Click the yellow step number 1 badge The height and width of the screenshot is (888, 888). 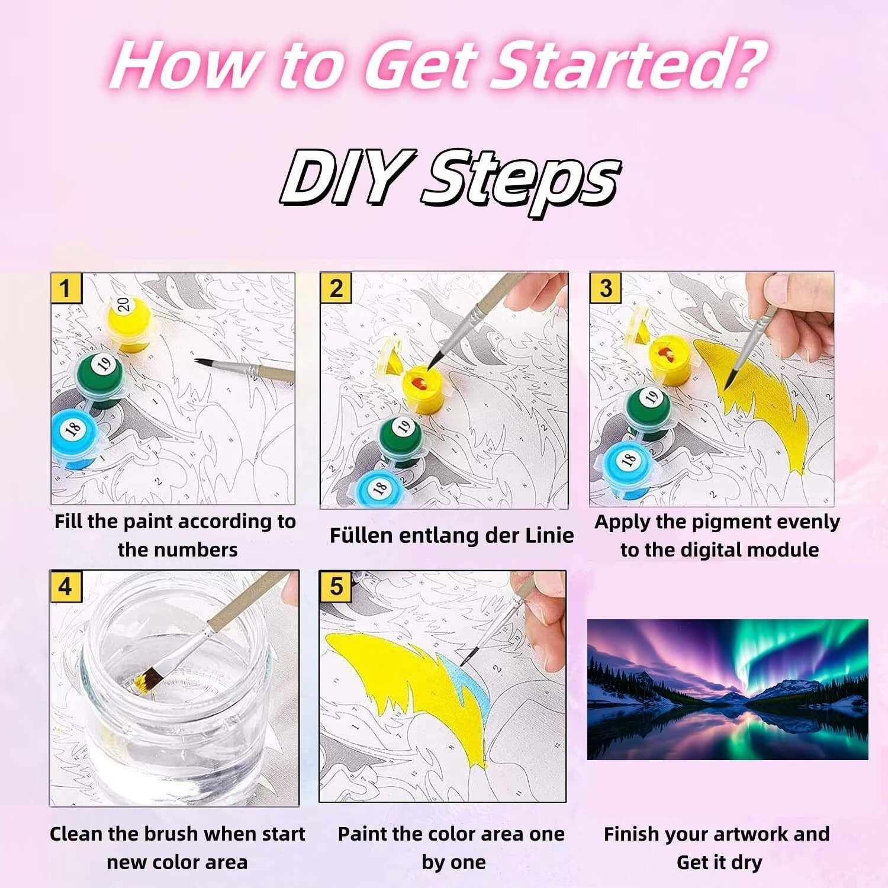click(65, 288)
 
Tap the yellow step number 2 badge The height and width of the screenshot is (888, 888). click(336, 288)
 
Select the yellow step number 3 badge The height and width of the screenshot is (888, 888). click(606, 288)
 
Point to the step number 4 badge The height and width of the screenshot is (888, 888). click(65, 586)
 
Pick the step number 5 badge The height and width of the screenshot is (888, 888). click(336, 586)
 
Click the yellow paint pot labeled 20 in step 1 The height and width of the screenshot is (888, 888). click(130, 323)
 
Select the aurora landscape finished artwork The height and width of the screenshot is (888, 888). click(728, 689)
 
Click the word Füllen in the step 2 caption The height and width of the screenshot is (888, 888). click(361, 535)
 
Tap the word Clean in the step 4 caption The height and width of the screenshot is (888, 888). click(76, 834)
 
